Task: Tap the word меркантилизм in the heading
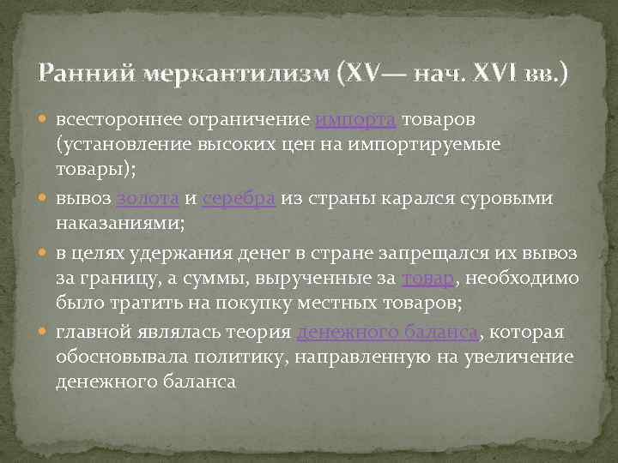221,75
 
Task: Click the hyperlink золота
147,198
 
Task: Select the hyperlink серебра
239,198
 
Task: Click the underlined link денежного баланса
387,334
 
